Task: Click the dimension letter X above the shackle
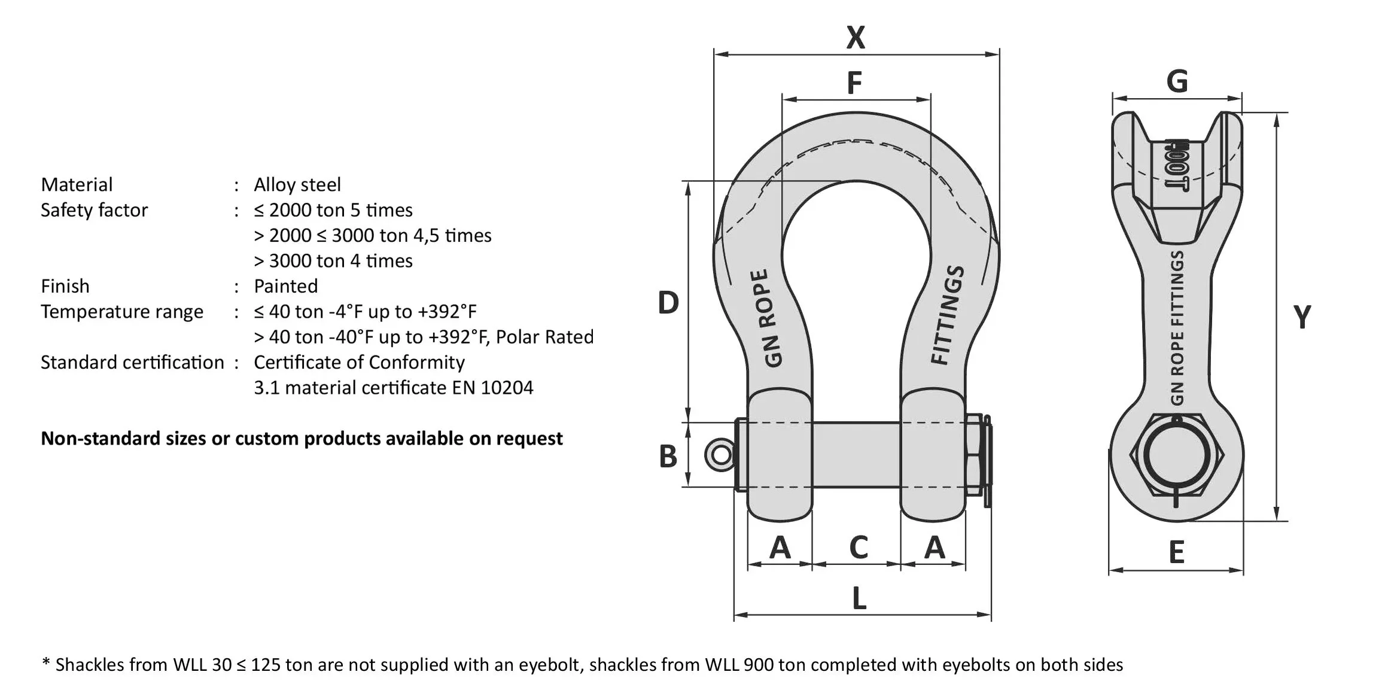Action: pos(856,37)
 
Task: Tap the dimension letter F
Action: pos(854,83)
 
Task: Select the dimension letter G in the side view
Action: pos(1177,81)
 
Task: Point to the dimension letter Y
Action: pos(1302,317)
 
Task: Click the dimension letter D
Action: pos(668,302)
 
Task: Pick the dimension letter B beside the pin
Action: pos(668,456)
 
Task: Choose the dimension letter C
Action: pos(859,547)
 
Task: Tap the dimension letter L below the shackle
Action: pos(859,598)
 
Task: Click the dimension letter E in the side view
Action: pos(1176,552)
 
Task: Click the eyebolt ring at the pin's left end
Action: pos(720,455)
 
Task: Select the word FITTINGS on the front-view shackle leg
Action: pos(948,315)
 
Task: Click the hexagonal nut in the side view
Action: pos(1176,454)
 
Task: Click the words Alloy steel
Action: pos(297,184)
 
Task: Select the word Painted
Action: pos(285,286)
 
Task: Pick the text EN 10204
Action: pos(492,388)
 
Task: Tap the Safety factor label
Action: pos(94,210)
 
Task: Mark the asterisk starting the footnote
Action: pos(46,662)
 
